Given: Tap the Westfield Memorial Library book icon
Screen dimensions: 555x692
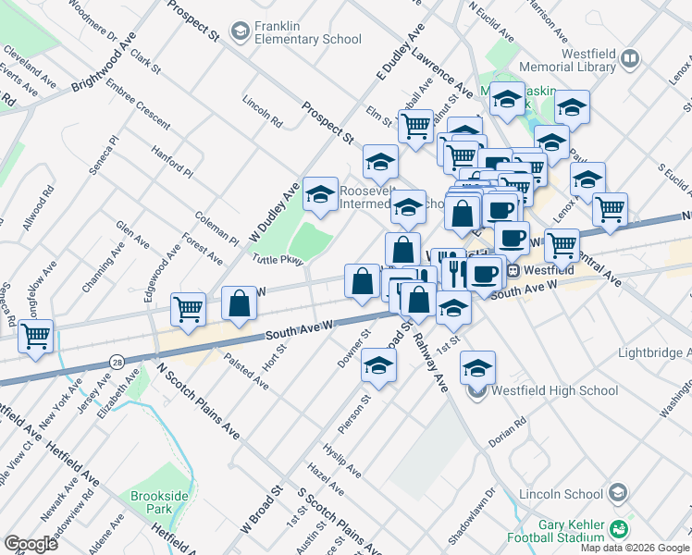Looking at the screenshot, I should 630,59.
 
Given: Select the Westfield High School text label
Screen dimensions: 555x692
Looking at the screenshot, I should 528,388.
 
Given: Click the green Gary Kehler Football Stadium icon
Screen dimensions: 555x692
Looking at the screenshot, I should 619,530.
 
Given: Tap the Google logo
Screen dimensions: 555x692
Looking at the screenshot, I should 30,544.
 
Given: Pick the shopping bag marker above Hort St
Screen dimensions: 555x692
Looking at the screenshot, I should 240,303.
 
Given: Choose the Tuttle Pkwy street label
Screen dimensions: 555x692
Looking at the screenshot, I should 277,263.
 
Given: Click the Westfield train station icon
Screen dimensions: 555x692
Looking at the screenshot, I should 515,270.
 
